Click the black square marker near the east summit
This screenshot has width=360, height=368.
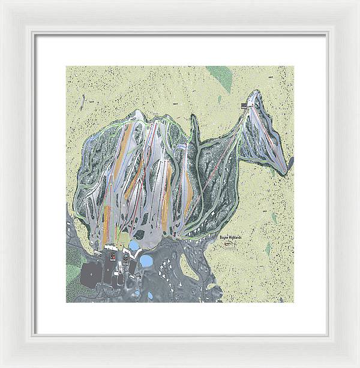(244, 106)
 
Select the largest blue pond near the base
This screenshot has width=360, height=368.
(145, 261)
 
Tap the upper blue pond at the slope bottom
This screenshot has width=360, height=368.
(134, 246)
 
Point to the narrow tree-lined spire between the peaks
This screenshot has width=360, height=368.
(194, 129)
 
